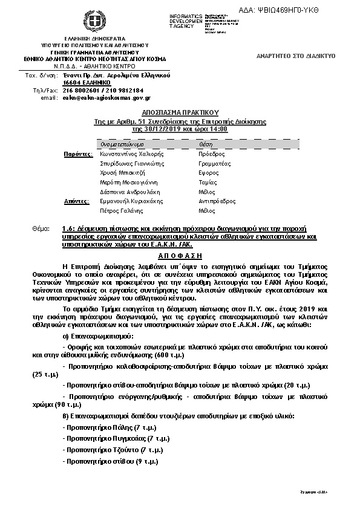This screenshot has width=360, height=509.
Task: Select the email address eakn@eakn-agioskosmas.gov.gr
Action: click(x=106, y=97)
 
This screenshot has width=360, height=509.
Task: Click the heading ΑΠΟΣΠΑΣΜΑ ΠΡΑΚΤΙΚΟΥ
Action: click(x=180, y=113)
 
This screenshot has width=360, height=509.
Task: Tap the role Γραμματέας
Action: click(x=215, y=164)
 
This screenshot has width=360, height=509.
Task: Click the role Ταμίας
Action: click(x=208, y=183)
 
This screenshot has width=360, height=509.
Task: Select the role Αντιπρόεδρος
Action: click(x=217, y=201)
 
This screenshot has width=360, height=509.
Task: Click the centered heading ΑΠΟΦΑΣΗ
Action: click(x=180, y=256)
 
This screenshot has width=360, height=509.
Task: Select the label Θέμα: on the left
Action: click(x=44, y=230)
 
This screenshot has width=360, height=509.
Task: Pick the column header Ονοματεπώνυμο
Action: click(x=122, y=145)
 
